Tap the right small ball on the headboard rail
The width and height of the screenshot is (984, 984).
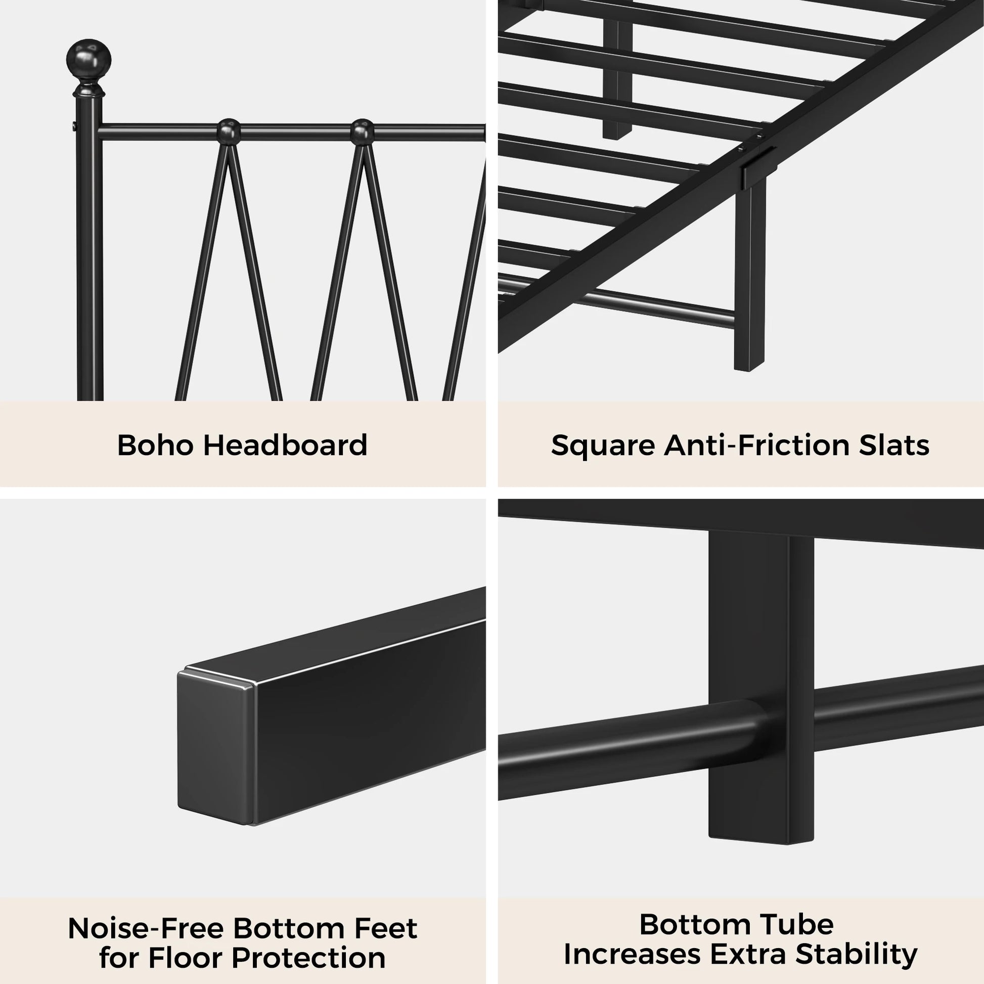point(362,131)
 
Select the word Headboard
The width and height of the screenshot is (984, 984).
point(285,445)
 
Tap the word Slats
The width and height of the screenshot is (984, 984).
point(894,445)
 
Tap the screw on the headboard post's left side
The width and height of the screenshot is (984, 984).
point(74,125)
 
